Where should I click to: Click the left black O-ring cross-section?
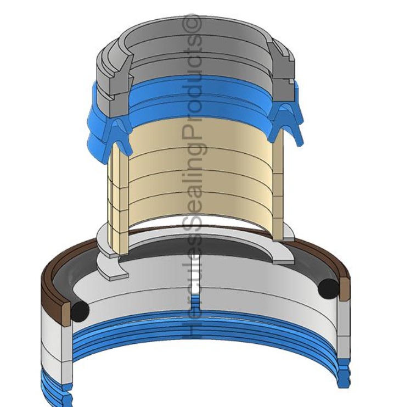[80, 310]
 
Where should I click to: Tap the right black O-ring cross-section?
[329, 289]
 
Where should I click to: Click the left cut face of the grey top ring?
[119, 78]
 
